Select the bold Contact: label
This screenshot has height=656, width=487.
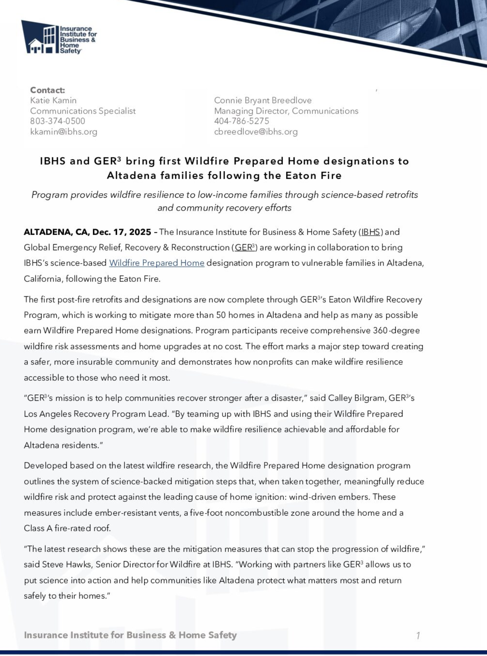47,90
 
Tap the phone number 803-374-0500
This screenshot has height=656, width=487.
58,121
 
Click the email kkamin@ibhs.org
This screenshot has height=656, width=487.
64,132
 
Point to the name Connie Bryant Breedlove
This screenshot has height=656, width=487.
263,100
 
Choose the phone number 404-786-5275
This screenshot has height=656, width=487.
242,121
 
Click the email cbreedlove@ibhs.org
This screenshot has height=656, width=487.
256,132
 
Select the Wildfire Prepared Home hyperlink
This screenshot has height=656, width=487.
157,263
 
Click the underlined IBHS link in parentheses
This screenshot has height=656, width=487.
371,232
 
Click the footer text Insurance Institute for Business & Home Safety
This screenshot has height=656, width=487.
130,635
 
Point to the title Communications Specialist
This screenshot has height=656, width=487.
83,111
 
